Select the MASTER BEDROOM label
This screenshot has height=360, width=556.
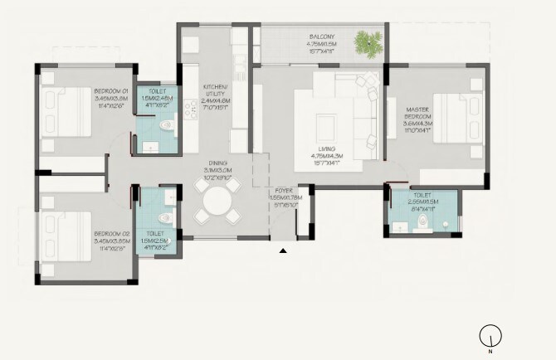click(417, 113)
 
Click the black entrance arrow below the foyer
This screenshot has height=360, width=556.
click(284, 250)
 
